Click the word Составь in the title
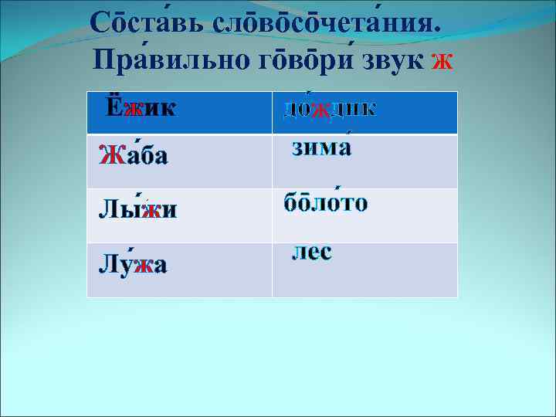(x=146, y=23)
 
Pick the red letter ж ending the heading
(x=442, y=60)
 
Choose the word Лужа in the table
(x=133, y=265)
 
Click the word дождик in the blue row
(x=330, y=110)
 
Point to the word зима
(x=321, y=147)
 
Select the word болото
(x=325, y=203)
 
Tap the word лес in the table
(x=312, y=252)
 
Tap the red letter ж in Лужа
(x=141, y=266)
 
